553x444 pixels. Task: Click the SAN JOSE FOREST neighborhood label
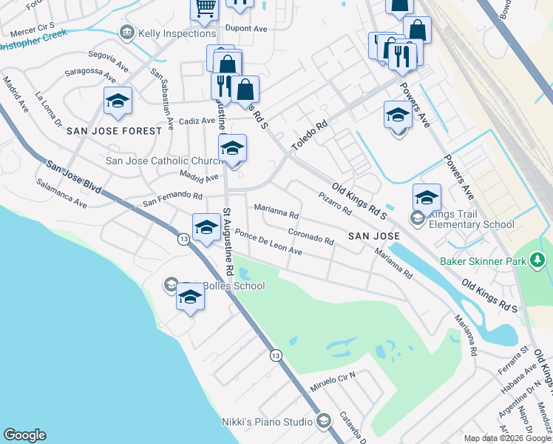114,131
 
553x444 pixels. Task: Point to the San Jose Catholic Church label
164,161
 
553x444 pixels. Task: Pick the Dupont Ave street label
247,29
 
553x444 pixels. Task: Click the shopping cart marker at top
204,8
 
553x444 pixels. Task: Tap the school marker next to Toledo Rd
398,115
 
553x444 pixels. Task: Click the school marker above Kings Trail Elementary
427,198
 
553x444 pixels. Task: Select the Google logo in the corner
24,435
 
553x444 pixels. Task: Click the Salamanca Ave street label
62,192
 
